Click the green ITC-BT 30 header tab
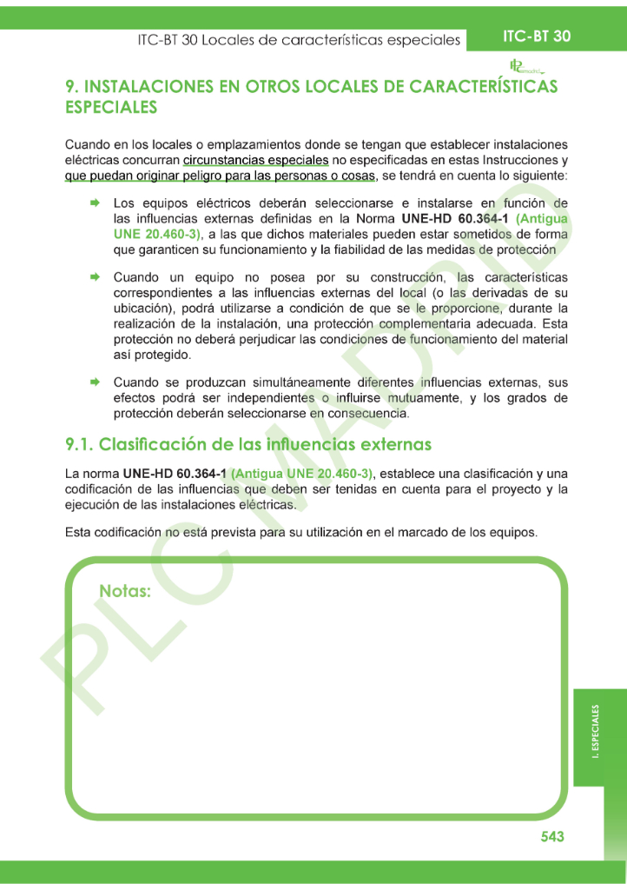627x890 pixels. coord(537,37)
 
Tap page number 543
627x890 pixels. coord(551,836)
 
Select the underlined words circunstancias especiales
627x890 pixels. coord(255,160)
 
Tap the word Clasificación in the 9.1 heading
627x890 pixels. coord(152,444)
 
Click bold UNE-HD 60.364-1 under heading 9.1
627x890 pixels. coord(175,474)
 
